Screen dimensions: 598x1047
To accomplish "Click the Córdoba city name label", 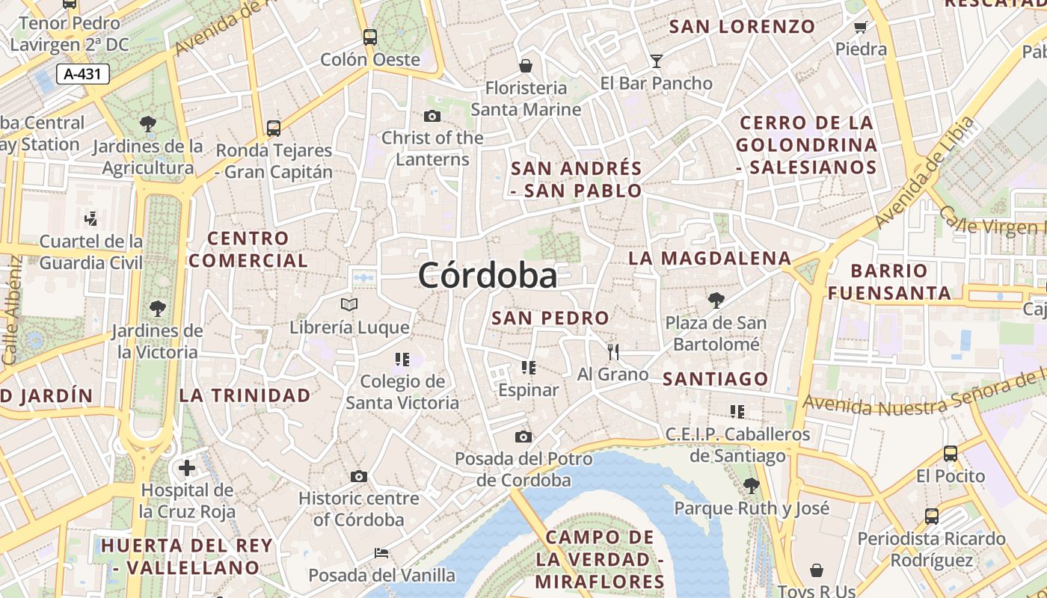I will coord(488,275).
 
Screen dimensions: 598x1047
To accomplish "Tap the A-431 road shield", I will coord(82,74).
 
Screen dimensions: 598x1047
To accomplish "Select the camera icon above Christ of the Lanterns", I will coord(432,116).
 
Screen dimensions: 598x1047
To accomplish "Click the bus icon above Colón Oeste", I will coord(369,37).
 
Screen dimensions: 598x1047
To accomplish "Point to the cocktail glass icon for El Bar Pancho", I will coord(656,61).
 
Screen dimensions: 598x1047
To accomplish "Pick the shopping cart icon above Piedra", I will coord(860,28).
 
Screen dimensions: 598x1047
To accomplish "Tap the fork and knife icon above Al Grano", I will coord(613,351).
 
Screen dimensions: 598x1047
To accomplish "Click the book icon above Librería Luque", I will coord(349,304).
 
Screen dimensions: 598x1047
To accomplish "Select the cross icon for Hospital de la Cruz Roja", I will coord(187,469).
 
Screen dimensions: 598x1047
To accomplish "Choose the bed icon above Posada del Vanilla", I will coord(381,553).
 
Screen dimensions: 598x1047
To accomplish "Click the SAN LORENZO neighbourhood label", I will coord(742,27).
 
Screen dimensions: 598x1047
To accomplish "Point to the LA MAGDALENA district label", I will coord(709,259).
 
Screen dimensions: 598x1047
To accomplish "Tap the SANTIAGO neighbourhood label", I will coord(716,379).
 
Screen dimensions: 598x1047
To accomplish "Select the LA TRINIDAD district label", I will coord(245,395).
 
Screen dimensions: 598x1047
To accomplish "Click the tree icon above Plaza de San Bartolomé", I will coord(716,300).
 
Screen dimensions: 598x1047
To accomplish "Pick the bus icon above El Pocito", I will coord(950,453).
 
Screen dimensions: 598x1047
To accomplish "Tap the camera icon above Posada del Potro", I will coord(523,437).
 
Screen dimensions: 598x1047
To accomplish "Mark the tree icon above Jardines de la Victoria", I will coord(157,308).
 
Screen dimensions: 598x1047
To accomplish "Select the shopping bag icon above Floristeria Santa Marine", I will coord(526,66).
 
